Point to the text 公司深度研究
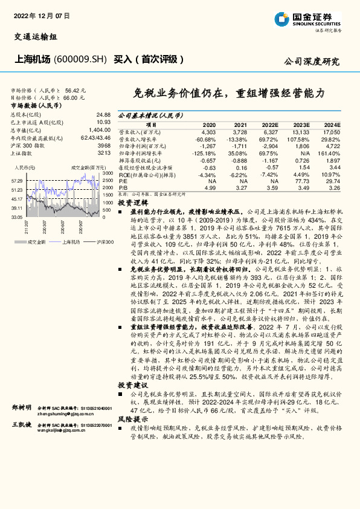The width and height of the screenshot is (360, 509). pyautogui.click(x=312, y=62)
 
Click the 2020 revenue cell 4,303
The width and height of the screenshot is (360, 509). pyautogui.click(x=208, y=131)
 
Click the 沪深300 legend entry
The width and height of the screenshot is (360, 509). pyautogui.click(x=103, y=241)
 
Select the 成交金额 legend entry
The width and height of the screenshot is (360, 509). pyautogui.click(x=37, y=241)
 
